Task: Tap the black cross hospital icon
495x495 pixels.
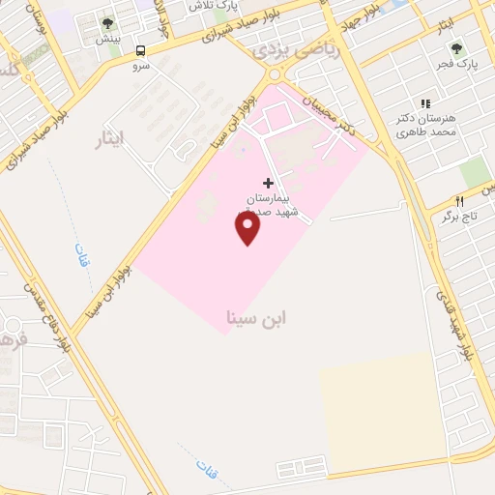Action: [268, 183]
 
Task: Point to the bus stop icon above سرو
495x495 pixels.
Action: [141, 50]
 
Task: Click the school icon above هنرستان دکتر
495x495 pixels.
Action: [423, 103]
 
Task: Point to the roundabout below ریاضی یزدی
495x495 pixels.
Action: [277, 75]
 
